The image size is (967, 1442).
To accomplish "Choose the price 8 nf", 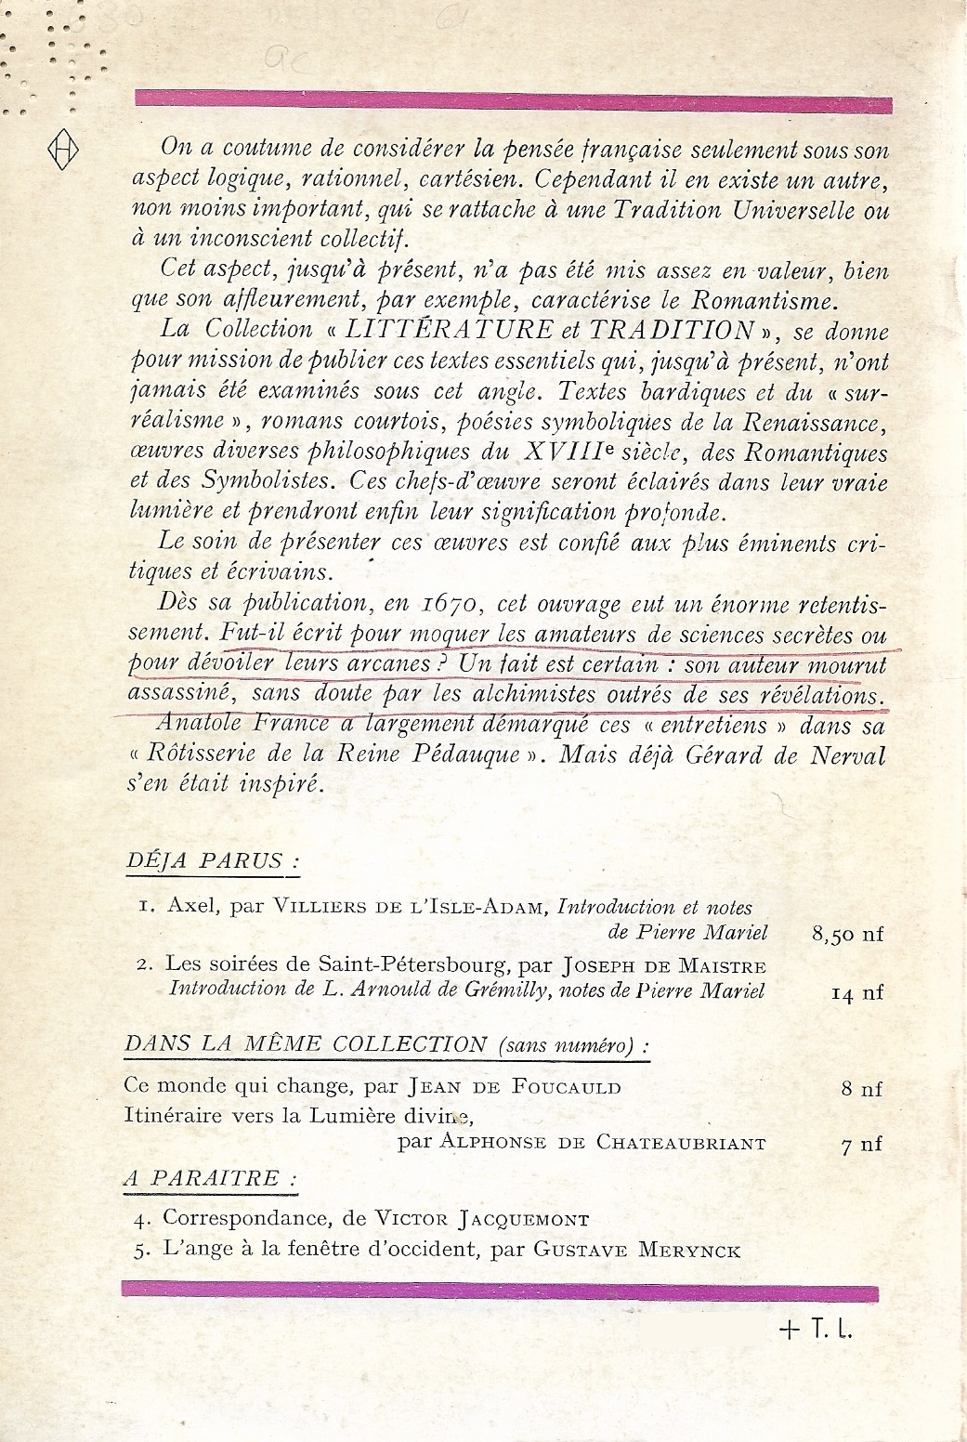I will click(x=861, y=1088).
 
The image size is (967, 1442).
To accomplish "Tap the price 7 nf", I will click(x=861, y=1145).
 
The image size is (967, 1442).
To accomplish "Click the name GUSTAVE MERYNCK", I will click(x=637, y=1250).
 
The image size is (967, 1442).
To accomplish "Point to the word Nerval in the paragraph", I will click(x=842, y=754).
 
